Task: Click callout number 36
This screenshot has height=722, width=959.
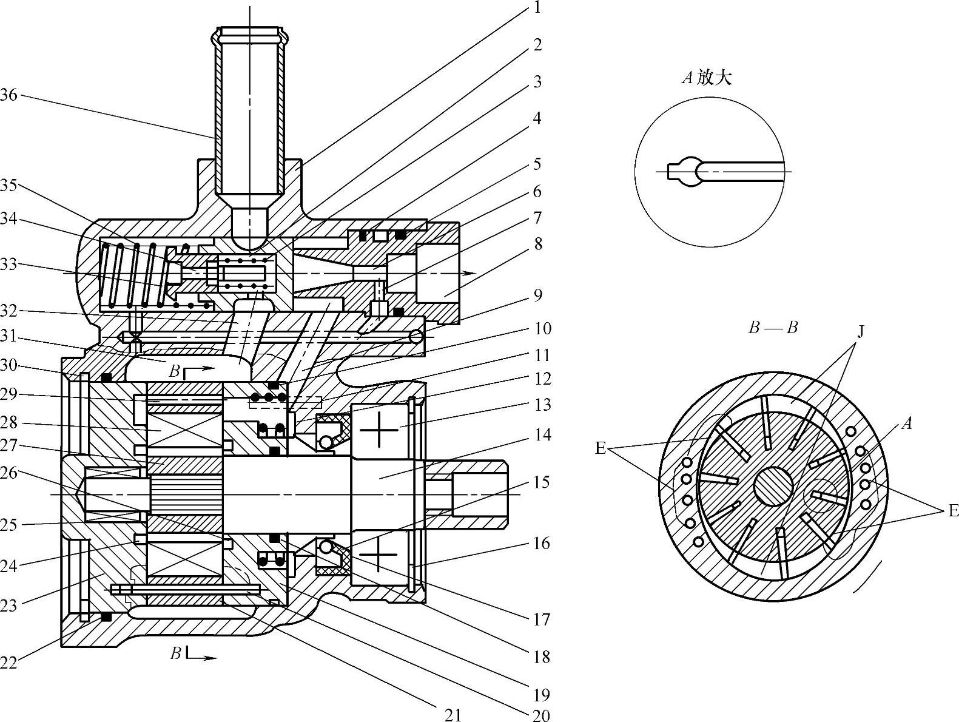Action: (8, 95)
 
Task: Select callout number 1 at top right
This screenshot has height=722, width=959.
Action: (537, 7)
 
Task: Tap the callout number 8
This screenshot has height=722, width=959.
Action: (538, 245)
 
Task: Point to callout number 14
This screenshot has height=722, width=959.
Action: (542, 435)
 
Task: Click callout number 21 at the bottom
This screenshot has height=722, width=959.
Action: (453, 715)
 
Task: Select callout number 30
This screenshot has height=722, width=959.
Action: (8, 365)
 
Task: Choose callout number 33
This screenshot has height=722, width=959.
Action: (8, 265)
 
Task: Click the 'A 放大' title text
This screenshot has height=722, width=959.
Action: (707, 78)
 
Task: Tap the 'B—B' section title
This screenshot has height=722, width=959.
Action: (773, 328)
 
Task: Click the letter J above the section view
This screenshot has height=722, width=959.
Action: (860, 332)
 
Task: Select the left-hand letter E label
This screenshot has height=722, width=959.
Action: (601, 448)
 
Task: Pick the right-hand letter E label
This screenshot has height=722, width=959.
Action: (953, 510)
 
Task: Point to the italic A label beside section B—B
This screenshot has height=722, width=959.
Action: (907, 423)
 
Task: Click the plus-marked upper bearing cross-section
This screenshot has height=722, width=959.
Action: (379, 430)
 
